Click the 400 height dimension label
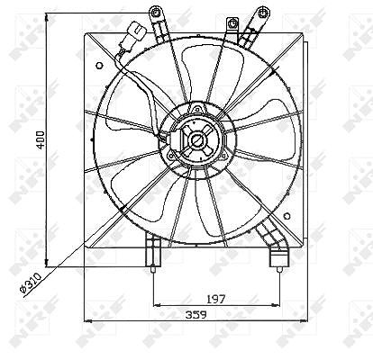(x=41, y=139)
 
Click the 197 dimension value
(x=216, y=299)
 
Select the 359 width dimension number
(x=196, y=315)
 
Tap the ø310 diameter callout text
(x=30, y=283)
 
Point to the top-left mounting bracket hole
(x=155, y=13)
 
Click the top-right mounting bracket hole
(x=263, y=13)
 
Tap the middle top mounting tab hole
(x=232, y=23)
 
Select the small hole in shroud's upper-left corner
(x=99, y=66)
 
